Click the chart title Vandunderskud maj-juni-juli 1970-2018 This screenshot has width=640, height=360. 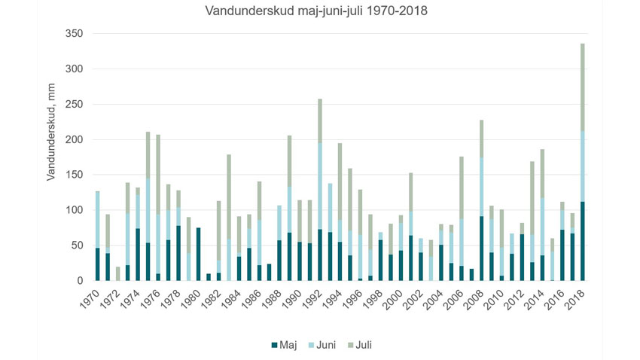coord(320,11)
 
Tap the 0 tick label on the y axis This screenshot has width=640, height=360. coord(78,281)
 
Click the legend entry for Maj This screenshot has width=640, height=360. coord(283,346)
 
